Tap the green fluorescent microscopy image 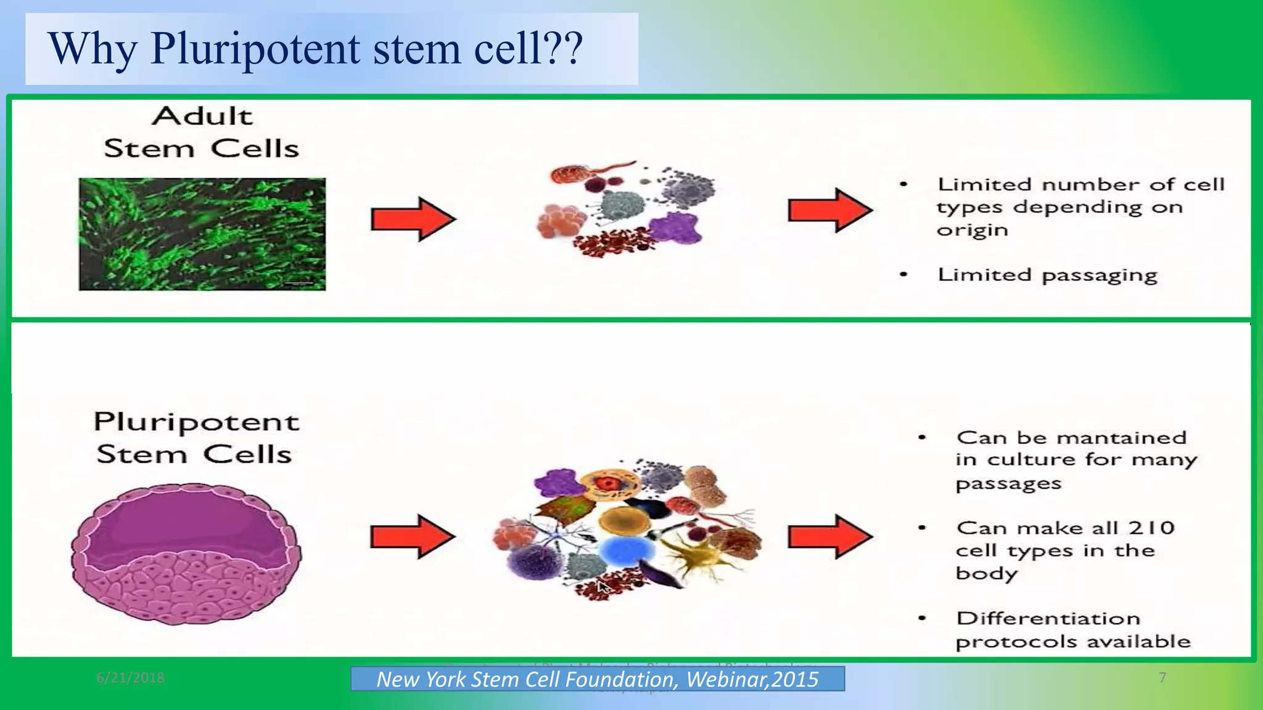[202, 234]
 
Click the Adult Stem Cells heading [202, 133]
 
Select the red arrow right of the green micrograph [413, 219]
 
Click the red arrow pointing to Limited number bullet [830, 210]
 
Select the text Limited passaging [1047, 275]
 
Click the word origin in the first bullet [972, 231]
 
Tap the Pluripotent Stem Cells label [195, 438]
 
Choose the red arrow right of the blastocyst [413, 536]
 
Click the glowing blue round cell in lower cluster [625, 550]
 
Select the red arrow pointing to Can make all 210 [830, 536]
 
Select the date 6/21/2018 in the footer [130, 678]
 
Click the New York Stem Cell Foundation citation [597, 679]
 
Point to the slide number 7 [1162, 678]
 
